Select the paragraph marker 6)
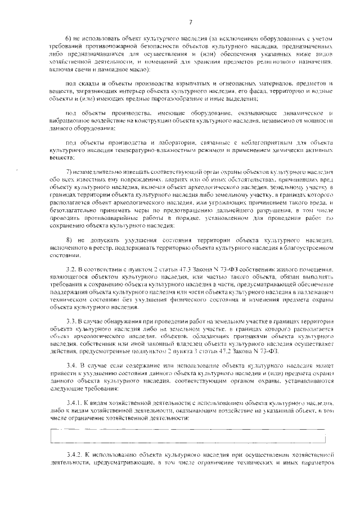[70, 38]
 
